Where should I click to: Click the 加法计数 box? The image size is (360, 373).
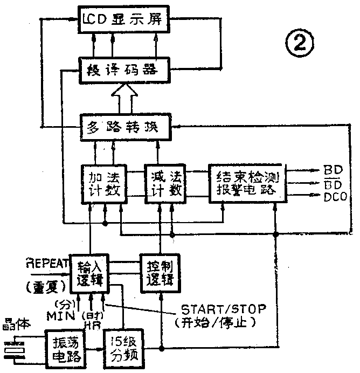tap(103, 184)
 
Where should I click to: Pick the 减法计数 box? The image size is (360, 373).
tap(164, 184)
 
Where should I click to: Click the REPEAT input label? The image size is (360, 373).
tap(46, 264)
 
